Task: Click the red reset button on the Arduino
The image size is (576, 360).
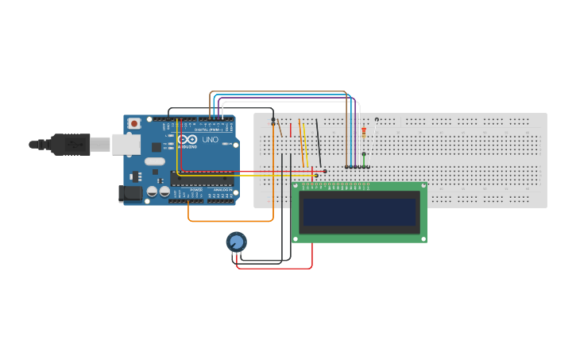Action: (x=134, y=123)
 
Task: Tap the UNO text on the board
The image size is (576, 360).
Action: (x=211, y=140)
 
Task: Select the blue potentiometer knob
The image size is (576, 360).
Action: (x=236, y=242)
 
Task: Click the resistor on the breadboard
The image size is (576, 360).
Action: (x=364, y=133)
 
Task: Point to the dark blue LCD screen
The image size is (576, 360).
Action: (x=359, y=211)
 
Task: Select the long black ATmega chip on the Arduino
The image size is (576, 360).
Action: (x=203, y=178)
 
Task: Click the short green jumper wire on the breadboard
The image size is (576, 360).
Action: (x=364, y=159)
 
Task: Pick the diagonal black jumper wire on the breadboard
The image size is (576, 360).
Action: (x=319, y=143)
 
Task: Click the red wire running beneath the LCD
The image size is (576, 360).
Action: (x=275, y=268)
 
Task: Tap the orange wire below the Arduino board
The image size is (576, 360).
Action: (x=230, y=220)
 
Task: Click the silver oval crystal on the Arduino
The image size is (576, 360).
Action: (x=155, y=161)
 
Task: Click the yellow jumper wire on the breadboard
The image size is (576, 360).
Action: (x=302, y=143)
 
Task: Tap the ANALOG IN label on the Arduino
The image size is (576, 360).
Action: (x=222, y=190)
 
